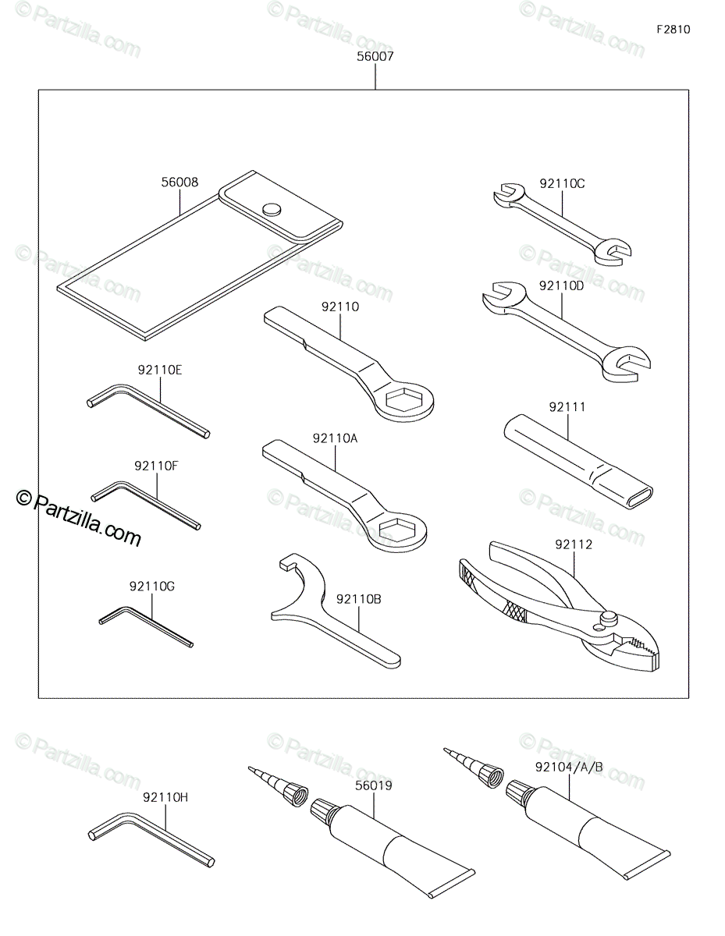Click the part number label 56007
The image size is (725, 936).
(375, 56)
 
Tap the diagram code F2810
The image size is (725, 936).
(673, 30)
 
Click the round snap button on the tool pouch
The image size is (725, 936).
(272, 209)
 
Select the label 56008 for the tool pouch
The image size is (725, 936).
(179, 183)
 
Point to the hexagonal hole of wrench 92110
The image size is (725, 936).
(403, 399)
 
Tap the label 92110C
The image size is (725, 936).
(562, 184)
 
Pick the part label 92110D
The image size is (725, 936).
(561, 286)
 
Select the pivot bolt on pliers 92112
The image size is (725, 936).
(609, 617)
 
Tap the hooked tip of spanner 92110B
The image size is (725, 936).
(286, 562)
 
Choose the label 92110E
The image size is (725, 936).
(160, 370)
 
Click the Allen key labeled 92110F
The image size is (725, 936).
(146, 505)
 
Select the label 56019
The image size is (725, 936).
(374, 785)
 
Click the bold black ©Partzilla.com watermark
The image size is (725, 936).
(78, 520)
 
